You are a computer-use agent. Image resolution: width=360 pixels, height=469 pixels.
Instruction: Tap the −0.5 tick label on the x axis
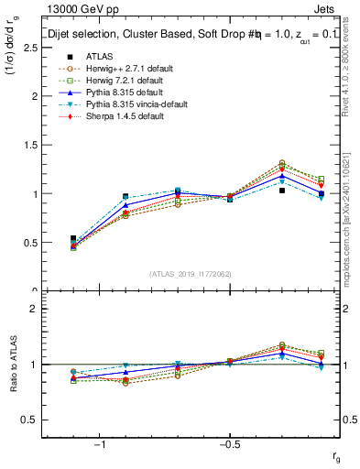pos(227,445)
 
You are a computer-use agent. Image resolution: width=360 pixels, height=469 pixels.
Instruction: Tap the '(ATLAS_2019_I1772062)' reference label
pos(191,274)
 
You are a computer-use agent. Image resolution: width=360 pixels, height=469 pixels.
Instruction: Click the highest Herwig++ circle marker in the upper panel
pos(282,162)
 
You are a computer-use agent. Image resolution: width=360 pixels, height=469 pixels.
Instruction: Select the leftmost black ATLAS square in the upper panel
pos(73,238)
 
